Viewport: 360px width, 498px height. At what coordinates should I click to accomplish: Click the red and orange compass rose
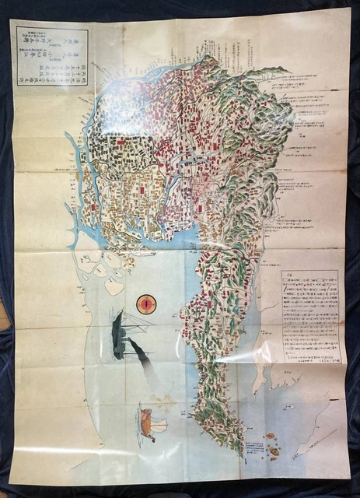click(145, 306)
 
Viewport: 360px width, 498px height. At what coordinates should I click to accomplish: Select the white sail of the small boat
click(159, 424)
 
